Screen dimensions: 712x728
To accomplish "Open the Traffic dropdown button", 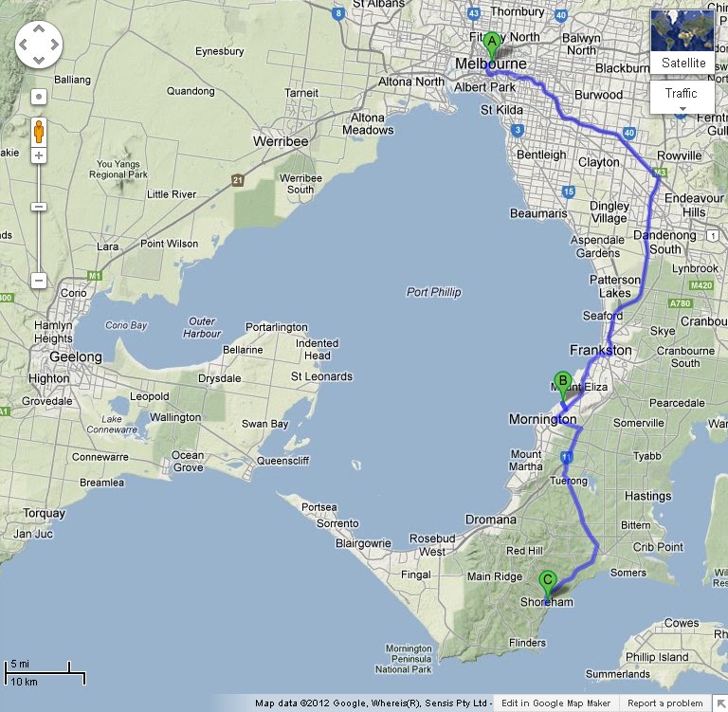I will (x=682, y=94).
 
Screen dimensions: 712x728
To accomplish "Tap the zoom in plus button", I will (x=39, y=155).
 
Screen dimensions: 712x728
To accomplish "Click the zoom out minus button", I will (x=39, y=280).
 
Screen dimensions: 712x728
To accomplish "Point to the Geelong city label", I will (x=76, y=357).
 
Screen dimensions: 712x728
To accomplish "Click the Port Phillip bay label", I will (x=433, y=292).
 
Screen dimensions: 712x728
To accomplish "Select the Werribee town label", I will (x=281, y=141).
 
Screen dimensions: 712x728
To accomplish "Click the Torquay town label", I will (x=44, y=514).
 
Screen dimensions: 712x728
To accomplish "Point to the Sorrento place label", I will (x=337, y=523).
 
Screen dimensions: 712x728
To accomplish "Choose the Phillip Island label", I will (x=656, y=657).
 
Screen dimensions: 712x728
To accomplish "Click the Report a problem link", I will (x=664, y=703).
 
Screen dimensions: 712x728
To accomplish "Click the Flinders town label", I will (x=527, y=643).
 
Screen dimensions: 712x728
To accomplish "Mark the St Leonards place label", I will (x=321, y=376).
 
